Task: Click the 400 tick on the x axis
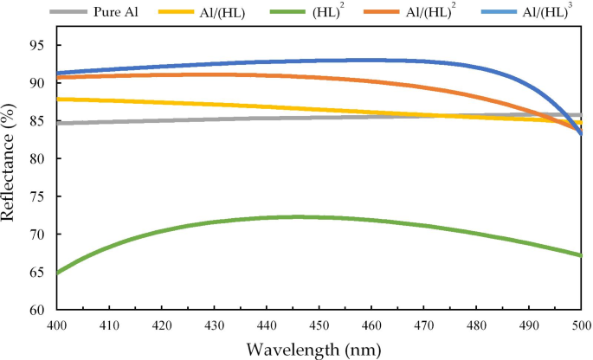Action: point(56,325)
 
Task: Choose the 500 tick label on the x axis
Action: point(581,325)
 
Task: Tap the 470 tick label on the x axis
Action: point(424,325)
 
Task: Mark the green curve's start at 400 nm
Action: point(57,272)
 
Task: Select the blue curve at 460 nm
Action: point(371,60)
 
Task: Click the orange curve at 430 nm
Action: point(214,74)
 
